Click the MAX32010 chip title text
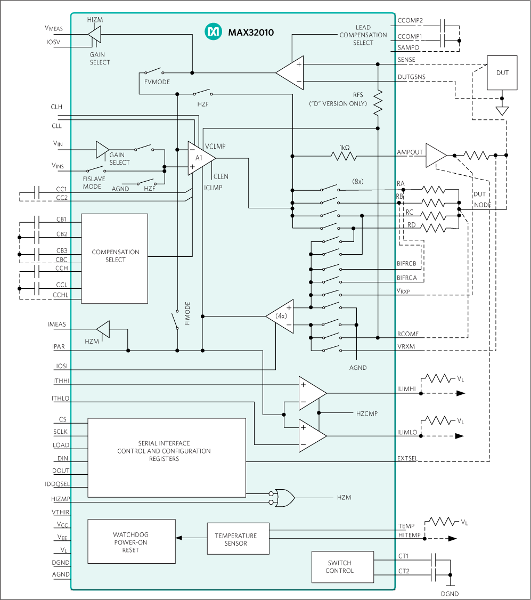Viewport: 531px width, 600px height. (250, 33)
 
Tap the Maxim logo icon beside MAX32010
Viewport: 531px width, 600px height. (213, 32)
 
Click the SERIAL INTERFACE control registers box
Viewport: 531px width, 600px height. (166, 457)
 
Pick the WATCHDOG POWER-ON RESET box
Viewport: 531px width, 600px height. (131, 541)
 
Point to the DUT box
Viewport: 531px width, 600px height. (502, 73)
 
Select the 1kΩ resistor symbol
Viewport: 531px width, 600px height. (344, 156)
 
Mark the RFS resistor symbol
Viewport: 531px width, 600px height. (378, 103)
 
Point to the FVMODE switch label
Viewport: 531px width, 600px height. (157, 82)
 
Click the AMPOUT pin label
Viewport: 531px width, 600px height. (410, 152)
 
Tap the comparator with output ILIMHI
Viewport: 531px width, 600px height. (311, 393)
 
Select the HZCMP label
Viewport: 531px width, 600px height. (366, 413)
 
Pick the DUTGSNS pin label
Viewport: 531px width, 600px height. (411, 77)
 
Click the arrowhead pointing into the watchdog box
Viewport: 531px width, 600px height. (178, 538)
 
